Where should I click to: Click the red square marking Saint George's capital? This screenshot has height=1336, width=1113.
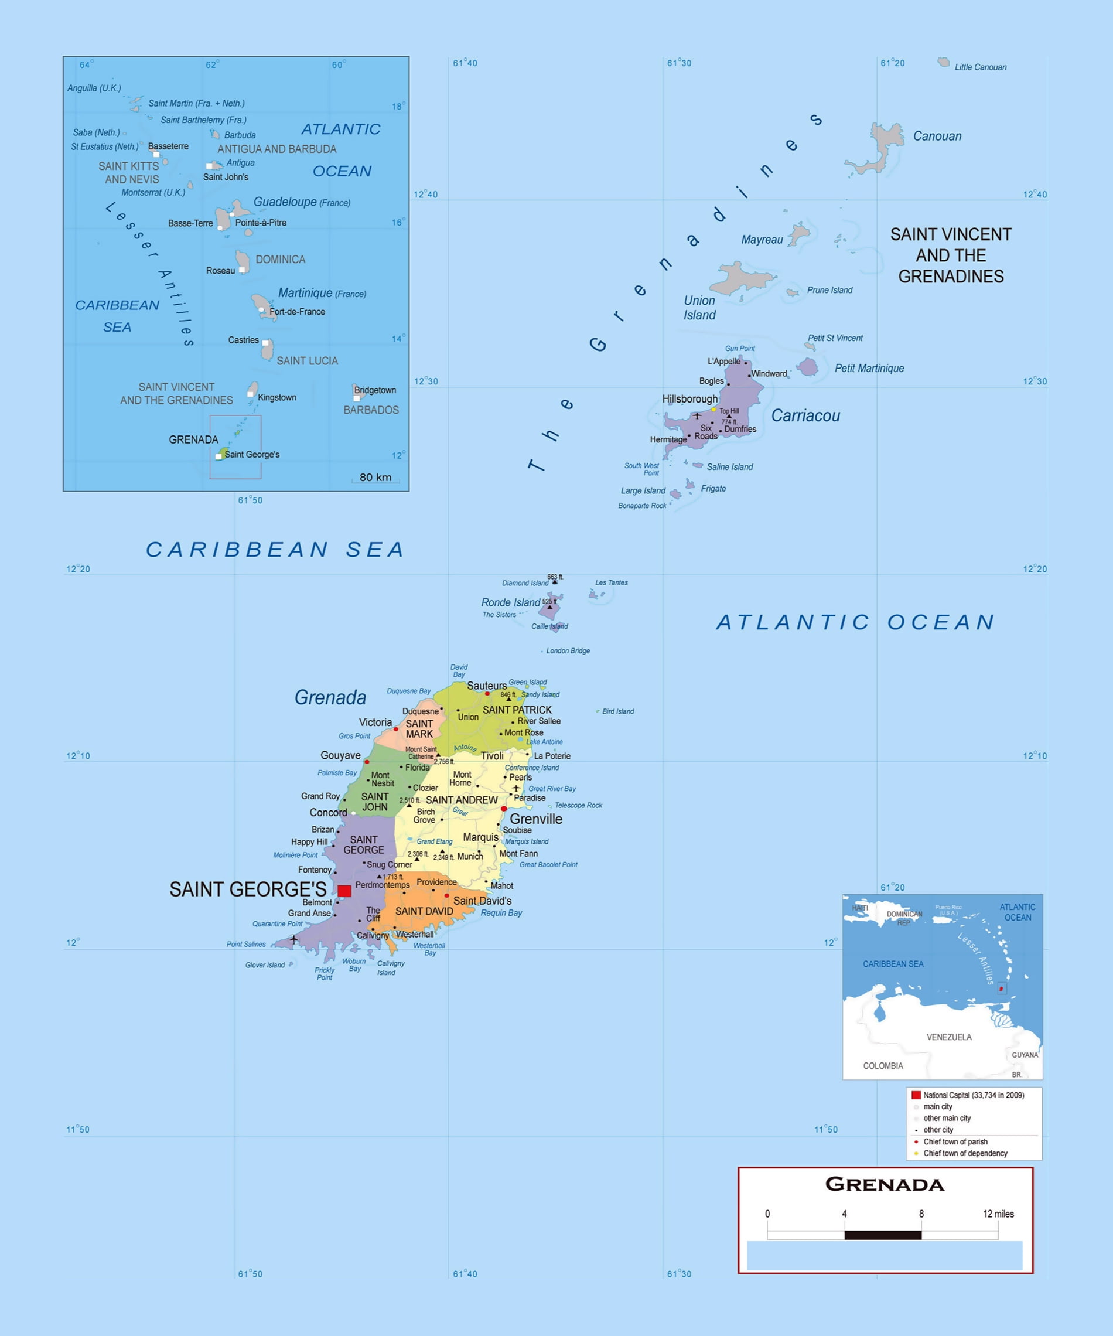point(344,891)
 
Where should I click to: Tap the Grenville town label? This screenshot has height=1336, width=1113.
point(535,819)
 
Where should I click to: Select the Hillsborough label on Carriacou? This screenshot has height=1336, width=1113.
point(689,399)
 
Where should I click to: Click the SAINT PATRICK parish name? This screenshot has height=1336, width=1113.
point(517,710)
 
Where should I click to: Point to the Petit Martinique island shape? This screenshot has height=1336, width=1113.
point(808,367)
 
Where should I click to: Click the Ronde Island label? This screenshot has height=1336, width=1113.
point(510,602)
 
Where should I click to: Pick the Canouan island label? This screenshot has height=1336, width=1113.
point(937,136)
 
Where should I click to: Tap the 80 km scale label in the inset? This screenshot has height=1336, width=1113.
point(375,477)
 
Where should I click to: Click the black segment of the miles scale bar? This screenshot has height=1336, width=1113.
point(882,1235)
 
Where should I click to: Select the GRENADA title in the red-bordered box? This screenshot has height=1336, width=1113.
point(885,1185)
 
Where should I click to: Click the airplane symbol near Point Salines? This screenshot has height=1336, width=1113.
point(294,939)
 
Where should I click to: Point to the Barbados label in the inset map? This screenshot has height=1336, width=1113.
point(371,410)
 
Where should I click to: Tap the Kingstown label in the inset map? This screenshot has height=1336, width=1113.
point(276,398)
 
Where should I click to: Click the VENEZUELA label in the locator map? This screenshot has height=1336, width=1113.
point(948,1037)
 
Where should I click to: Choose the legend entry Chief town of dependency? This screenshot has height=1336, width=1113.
point(965,1153)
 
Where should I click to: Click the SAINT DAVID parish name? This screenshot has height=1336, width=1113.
point(424,912)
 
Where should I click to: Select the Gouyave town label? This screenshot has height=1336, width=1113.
point(340,755)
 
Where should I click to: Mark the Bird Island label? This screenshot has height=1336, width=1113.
point(617,711)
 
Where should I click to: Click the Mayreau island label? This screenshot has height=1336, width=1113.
point(762,240)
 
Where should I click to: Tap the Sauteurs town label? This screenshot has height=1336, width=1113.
point(487,686)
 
